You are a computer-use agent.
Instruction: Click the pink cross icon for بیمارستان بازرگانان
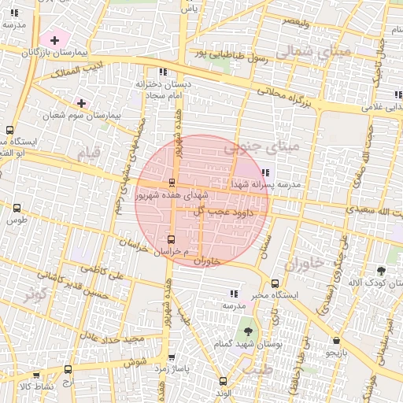pyautogui.click(x=54, y=39)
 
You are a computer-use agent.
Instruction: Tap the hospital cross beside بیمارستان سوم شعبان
pyautogui.click(x=81, y=103)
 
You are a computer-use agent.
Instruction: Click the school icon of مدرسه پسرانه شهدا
pyautogui.click(x=264, y=172)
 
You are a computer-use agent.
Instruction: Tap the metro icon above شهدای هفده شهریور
pyautogui.click(x=172, y=183)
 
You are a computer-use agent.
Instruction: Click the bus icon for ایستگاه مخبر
pyautogui.click(x=275, y=283)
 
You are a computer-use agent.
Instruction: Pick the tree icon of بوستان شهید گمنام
pyautogui.click(x=249, y=331)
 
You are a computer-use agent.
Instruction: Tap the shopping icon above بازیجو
pyautogui.click(x=337, y=341)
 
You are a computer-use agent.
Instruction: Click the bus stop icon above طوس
pyautogui.click(x=17, y=209)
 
